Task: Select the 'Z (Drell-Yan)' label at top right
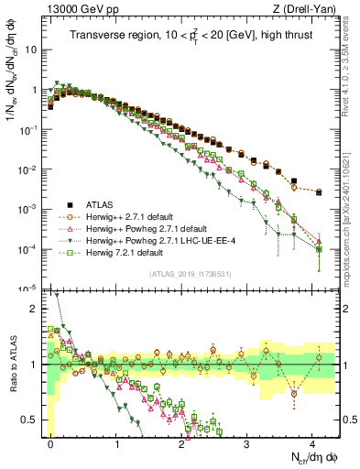click(x=308, y=9)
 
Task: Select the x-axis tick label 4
click(x=313, y=442)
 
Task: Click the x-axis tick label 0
click(x=51, y=442)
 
